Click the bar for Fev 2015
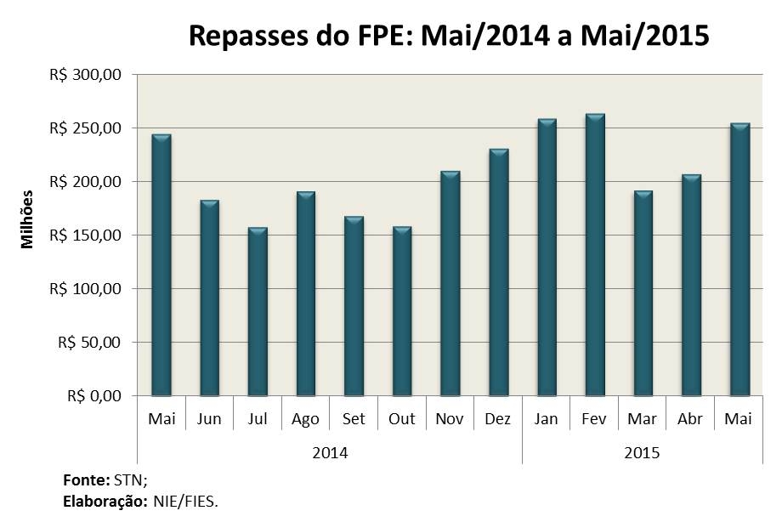[x=595, y=255]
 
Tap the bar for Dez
[x=498, y=273]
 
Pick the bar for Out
[x=402, y=311]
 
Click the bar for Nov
[x=450, y=284]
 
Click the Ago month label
[x=305, y=419]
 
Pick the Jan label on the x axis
[x=547, y=419]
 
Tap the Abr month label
[x=691, y=419]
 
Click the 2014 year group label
[x=330, y=453]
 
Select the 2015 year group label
[x=643, y=453]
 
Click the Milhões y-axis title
[x=27, y=218]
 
